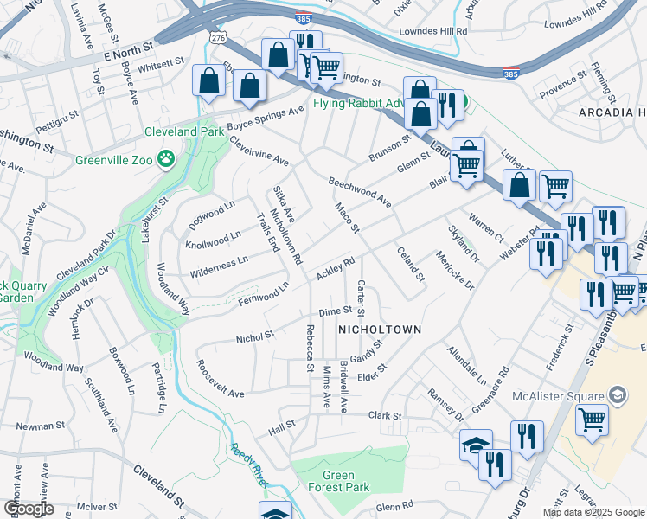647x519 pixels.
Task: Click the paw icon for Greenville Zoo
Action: pyautogui.click(x=165, y=159)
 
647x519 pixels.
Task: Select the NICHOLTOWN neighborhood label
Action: pyautogui.click(x=379, y=330)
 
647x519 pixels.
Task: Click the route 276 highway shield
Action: pyautogui.click(x=218, y=38)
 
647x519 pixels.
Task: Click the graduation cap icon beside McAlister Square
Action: pyautogui.click(x=617, y=396)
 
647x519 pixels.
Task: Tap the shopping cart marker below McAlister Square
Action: pyautogui.click(x=592, y=420)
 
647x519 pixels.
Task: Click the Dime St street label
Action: pyautogui.click(x=336, y=311)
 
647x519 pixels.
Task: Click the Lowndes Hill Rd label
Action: pyautogui.click(x=432, y=30)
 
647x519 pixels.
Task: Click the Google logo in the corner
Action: pyautogui.click(x=29, y=509)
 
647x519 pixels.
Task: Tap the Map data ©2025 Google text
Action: pyautogui.click(x=593, y=512)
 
